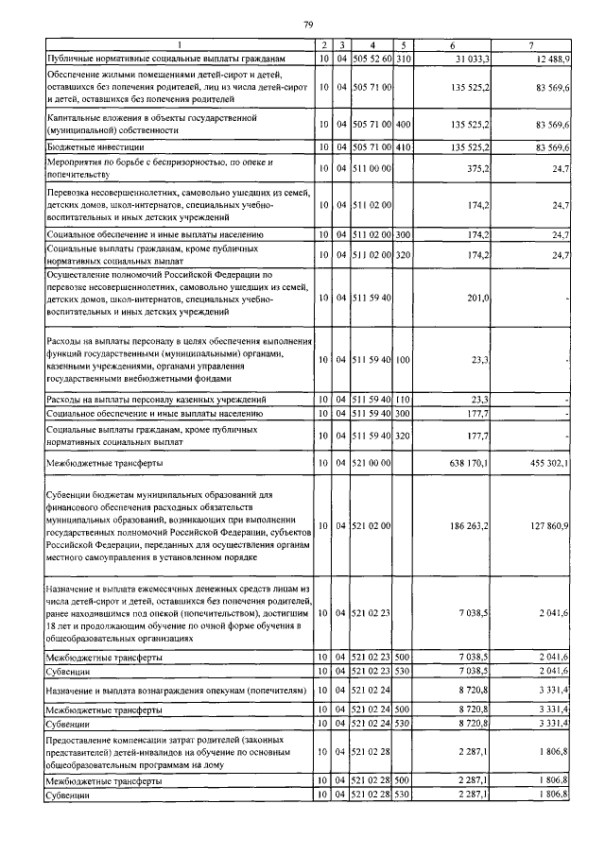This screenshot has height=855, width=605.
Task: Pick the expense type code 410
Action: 404,147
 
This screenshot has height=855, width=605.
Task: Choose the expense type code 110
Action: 404,400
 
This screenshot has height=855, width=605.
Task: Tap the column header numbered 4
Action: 374,45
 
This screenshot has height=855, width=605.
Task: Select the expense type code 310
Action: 404,59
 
